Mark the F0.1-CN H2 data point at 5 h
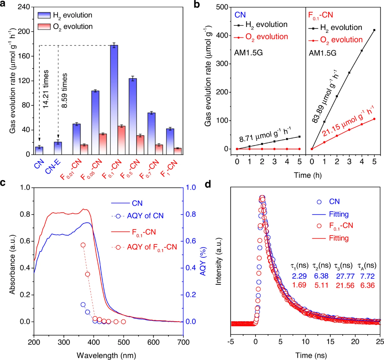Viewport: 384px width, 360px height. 374,30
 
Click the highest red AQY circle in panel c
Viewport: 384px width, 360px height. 83,245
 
